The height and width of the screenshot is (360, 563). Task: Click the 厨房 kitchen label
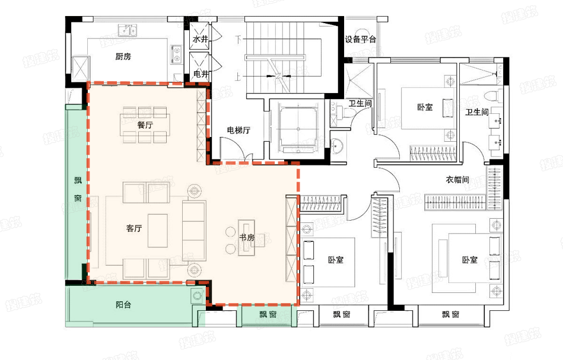pyautogui.click(x=123, y=56)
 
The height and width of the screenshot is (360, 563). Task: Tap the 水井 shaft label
pyautogui.click(x=201, y=39)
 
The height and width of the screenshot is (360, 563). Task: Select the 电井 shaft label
pyautogui.click(x=201, y=74)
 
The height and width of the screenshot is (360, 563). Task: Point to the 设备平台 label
pyautogui.click(x=360, y=39)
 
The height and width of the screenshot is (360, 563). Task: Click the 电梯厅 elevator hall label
pyautogui.click(x=238, y=130)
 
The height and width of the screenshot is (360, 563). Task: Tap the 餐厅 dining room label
pyautogui.click(x=145, y=125)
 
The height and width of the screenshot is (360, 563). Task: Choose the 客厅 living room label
pyautogui.click(x=134, y=228)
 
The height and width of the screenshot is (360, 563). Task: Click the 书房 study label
pyautogui.click(x=247, y=237)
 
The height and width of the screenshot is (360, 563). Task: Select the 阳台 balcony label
pyautogui.click(x=123, y=305)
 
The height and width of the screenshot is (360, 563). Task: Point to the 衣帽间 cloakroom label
pyautogui.click(x=457, y=179)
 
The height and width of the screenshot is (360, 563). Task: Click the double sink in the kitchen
pyautogui.click(x=128, y=30)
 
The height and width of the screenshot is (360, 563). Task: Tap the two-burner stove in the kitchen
pyautogui.click(x=176, y=55)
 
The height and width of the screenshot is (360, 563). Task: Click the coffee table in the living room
pyautogui.click(x=158, y=231)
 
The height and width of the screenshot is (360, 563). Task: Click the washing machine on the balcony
pyautogui.click(x=197, y=296)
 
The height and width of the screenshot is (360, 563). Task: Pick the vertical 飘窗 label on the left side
pyautogui.click(x=78, y=189)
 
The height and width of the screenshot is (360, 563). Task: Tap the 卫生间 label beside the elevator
pyautogui.click(x=360, y=103)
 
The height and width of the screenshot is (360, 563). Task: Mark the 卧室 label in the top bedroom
pyautogui.click(x=425, y=107)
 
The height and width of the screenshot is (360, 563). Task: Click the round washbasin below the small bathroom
pyautogui.click(x=337, y=146)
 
